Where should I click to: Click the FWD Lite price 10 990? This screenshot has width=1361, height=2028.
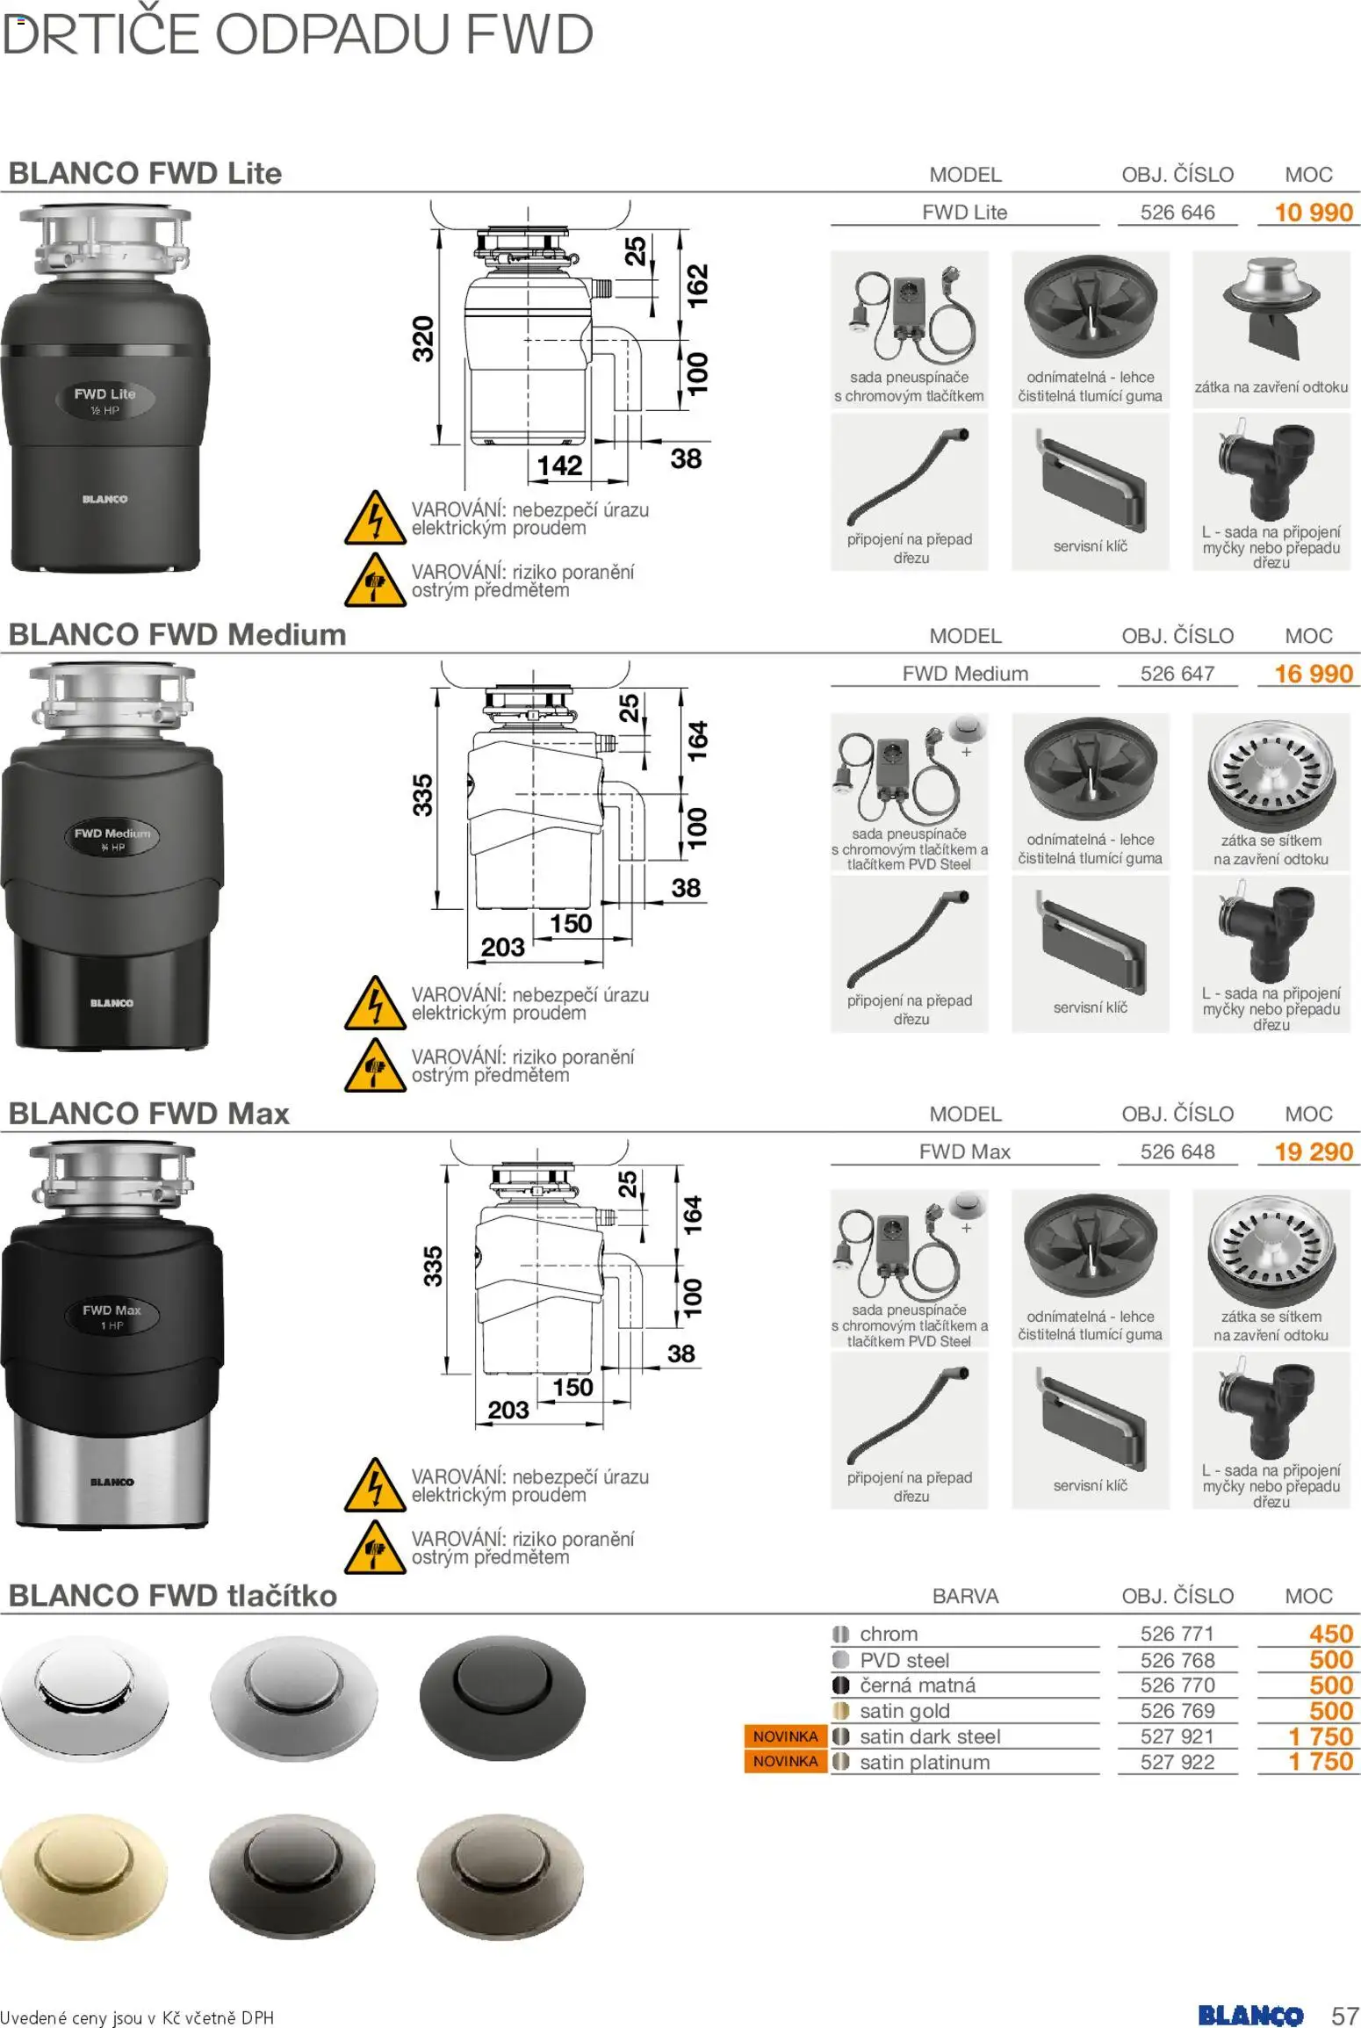[x=1313, y=213]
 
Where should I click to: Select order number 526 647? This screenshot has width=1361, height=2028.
[x=1177, y=674]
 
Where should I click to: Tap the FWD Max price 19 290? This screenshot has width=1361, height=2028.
[x=1313, y=1151]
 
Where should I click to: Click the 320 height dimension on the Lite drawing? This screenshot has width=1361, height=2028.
[x=423, y=338]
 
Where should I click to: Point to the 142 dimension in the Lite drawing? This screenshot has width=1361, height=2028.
[x=559, y=465]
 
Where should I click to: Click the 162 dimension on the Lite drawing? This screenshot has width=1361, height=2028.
[x=696, y=285]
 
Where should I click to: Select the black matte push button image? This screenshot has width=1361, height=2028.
[x=501, y=1695]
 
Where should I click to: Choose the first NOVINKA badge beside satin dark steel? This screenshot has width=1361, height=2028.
[x=785, y=1736]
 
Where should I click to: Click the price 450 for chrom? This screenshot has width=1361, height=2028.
[x=1330, y=1634]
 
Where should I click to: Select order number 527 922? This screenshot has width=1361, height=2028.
[x=1177, y=1762]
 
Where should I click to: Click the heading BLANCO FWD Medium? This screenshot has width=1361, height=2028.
[x=177, y=634]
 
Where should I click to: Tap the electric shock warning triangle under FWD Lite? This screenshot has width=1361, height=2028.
[x=375, y=518]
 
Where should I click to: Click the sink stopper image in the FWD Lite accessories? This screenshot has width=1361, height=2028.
[x=1270, y=307]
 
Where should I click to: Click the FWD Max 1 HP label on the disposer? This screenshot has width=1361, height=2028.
[x=112, y=1317]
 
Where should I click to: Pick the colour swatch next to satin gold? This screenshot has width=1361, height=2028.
[x=841, y=1710]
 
